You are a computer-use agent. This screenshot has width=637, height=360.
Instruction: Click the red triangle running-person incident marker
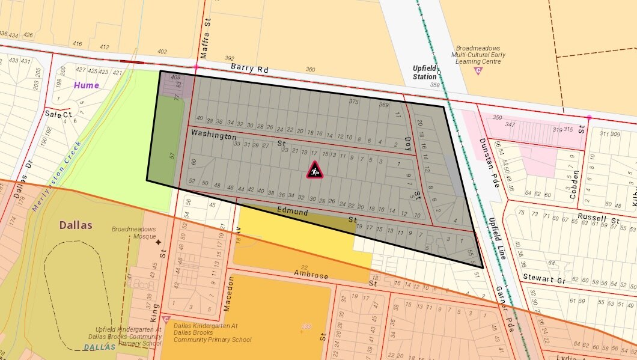pos(314,170)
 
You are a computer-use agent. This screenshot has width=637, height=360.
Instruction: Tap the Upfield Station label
pos(424,73)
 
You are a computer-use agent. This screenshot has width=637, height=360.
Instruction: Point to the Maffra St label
pos(206,46)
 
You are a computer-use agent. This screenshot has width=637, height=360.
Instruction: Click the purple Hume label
pos(87,85)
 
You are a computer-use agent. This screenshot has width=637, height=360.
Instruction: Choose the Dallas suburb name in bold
pos(76,225)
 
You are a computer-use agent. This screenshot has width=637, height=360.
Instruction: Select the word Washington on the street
pos(214,136)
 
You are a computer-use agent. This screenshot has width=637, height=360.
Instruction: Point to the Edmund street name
pos(293,212)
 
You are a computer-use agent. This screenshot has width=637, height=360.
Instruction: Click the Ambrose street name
pos(311,275)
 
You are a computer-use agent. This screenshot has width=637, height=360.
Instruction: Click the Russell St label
pos(598,218)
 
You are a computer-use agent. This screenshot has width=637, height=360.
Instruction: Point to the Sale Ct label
pos(58,114)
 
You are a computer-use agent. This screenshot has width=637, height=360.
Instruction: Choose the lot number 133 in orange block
pos(306,326)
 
